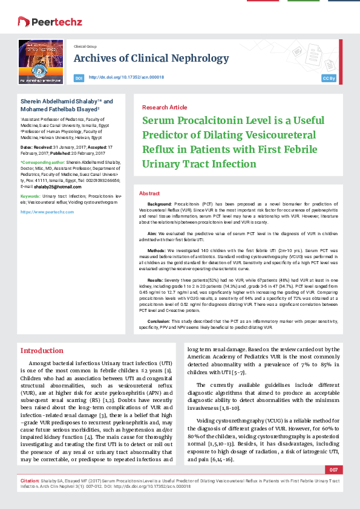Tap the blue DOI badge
[x=79, y=78]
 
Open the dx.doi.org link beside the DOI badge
[x=126, y=77]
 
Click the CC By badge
[x=329, y=79]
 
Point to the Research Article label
[x=164, y=107]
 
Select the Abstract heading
[x=149, y=193]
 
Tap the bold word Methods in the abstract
[x=156, y=249]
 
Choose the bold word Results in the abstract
[x=155, y=280]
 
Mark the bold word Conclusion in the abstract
[x=160, y=322]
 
